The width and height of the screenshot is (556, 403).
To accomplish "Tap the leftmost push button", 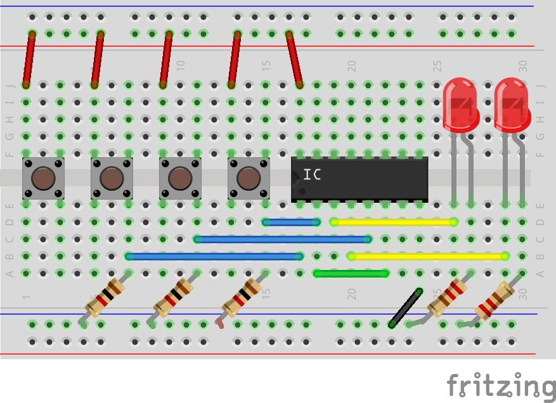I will point(43,179).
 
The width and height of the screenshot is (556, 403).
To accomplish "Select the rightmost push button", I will point(249,179).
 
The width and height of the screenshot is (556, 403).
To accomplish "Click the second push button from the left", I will point(112,179).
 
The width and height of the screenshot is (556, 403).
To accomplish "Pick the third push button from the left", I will point(180,179).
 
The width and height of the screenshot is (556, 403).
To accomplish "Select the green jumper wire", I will point(351,274).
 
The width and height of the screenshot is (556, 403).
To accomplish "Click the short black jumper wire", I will point(406,307).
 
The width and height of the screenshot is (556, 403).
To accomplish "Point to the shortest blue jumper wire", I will point(291,222).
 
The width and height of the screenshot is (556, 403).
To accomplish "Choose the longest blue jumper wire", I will point(214,257).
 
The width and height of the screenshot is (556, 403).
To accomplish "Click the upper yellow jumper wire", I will point(394,222).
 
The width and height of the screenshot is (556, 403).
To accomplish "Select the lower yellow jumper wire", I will point(427,257).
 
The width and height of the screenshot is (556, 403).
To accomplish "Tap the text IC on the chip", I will point(312,175).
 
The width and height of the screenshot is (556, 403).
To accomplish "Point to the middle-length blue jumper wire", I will point(283,240).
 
